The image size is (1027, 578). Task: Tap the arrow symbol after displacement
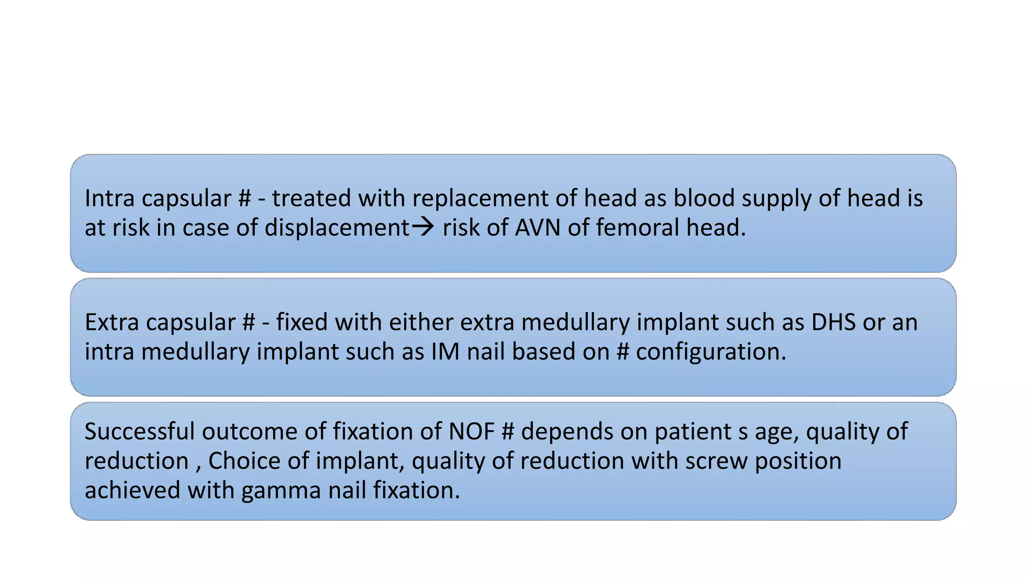[x=423, y=227]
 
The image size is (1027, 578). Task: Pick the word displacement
[x=337, y=228]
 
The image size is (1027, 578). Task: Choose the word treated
[x=311, y=198]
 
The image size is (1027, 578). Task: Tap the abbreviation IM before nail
[x=445, y=352]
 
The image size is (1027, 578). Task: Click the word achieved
[x=132, y=490]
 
